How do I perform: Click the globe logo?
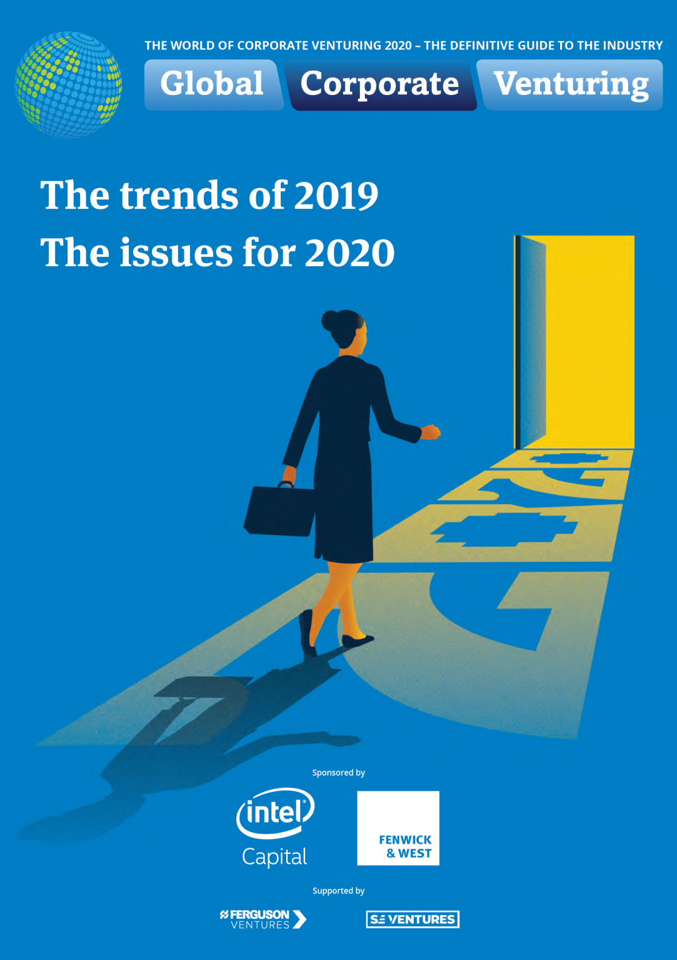68,84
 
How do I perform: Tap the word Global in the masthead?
212,84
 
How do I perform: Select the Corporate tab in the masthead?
379,84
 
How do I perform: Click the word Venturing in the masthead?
571,84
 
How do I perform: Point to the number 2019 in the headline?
336,196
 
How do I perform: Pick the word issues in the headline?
176,253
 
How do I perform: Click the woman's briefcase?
279,509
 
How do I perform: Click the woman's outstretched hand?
431,432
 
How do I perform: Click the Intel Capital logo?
275,827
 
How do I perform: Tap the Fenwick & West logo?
398,828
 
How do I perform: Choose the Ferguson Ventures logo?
263,919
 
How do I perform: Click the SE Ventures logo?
413,919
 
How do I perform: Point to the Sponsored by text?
338,772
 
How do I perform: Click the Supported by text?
338,891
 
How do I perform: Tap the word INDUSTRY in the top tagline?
633,46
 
